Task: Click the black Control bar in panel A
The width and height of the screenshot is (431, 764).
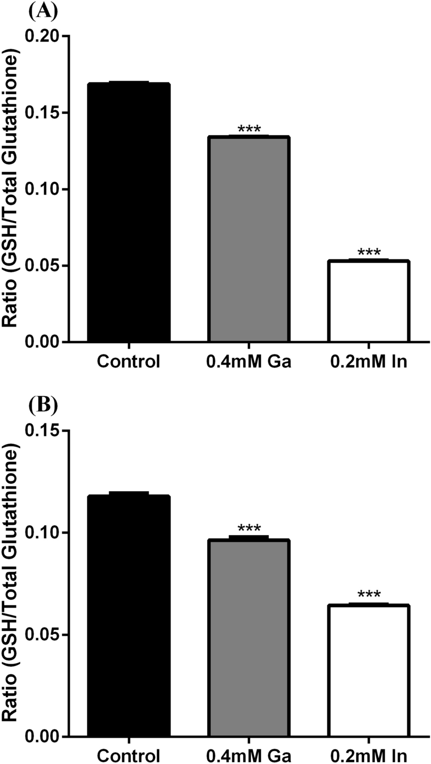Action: pos(128,212)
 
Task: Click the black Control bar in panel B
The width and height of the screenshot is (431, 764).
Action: pos(128,616)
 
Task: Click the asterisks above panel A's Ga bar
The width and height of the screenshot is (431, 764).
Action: pos(249,129)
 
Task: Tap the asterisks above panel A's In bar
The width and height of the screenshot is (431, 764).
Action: pos(368,253)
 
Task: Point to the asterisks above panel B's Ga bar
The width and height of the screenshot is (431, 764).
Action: pos(249,529)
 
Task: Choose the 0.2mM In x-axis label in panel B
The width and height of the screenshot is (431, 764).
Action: pos(368,754)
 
